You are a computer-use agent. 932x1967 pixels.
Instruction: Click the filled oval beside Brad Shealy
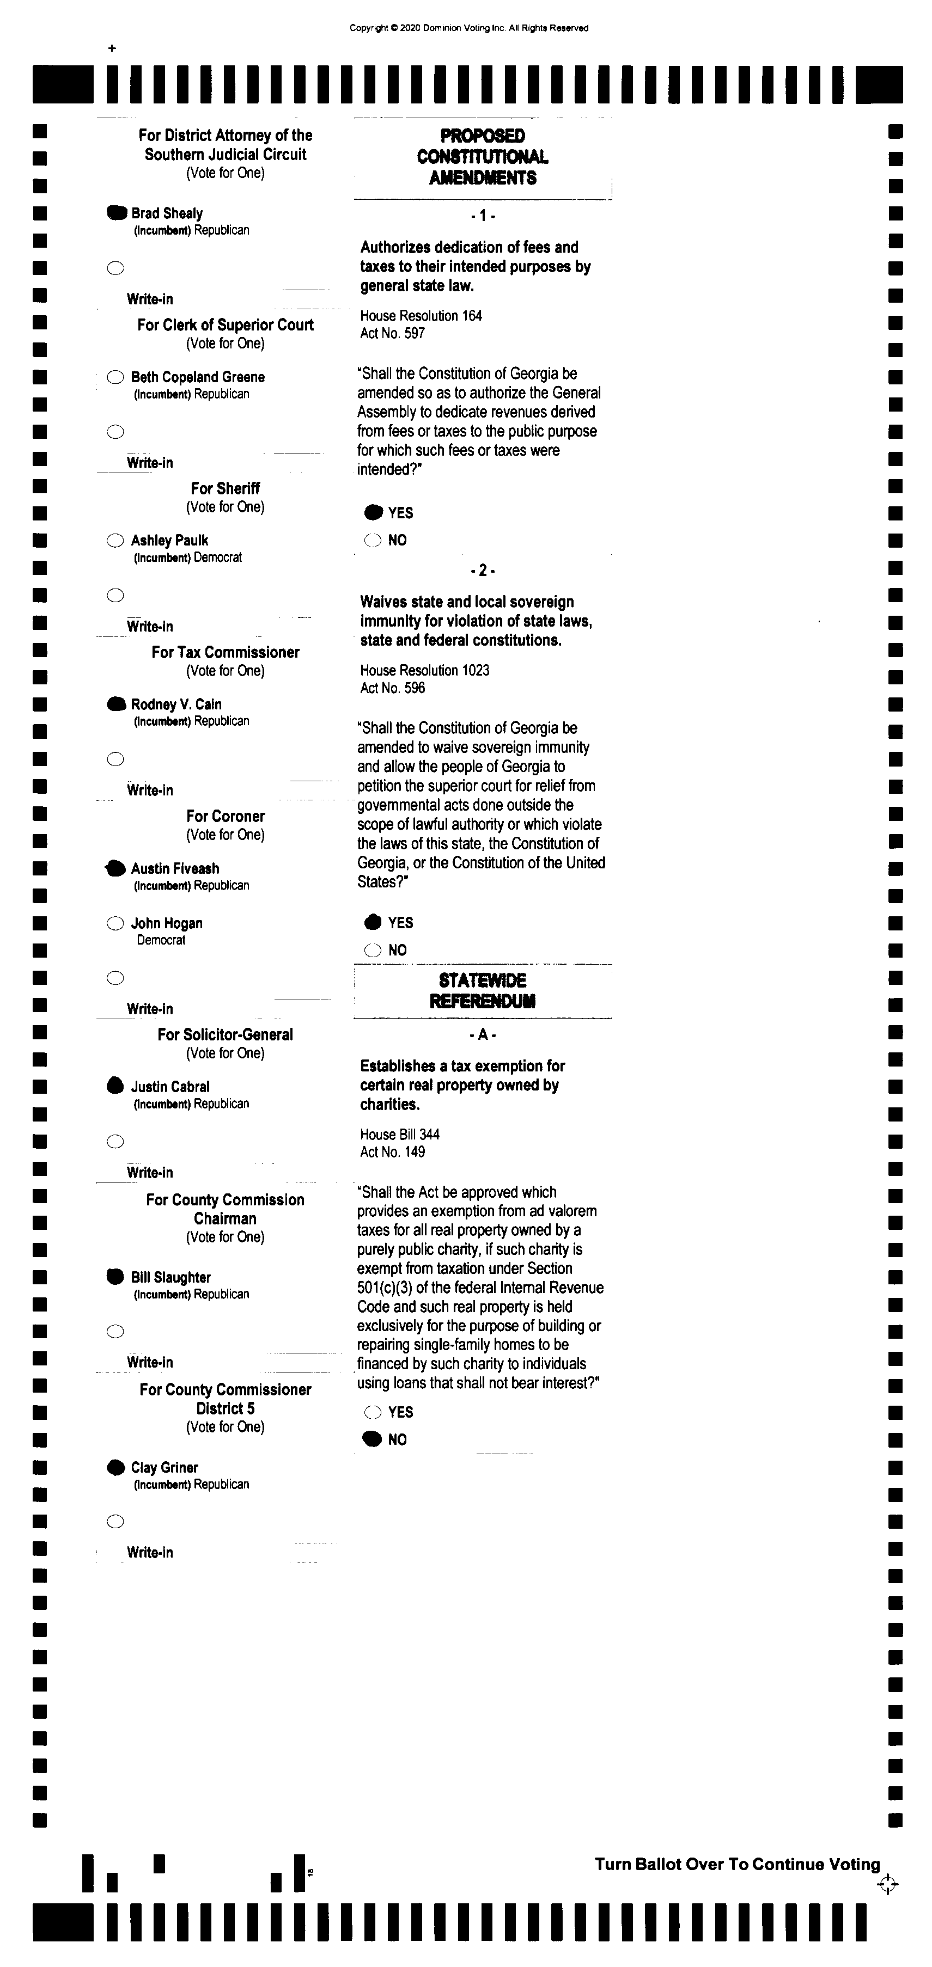pos(116,213)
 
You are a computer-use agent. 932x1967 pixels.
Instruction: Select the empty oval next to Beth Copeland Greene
pos(115,376)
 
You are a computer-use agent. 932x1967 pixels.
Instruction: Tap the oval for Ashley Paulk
pos(115,541)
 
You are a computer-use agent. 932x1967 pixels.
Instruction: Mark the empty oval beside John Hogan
pos(115,923)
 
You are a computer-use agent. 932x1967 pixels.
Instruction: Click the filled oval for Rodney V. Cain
pos(116,704)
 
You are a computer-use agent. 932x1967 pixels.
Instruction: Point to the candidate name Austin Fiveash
pos(175,868)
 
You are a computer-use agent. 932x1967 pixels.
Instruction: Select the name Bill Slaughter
pos(170,1277)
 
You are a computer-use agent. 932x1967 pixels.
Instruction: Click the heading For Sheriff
pos(226,488)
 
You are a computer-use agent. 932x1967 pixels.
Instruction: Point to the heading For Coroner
pos(226,816)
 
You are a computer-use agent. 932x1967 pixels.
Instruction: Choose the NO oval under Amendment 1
pos(373,541)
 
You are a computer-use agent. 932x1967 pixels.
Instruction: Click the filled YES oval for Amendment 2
pos(373,922)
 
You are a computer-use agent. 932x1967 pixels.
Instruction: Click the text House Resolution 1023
pos(425,670)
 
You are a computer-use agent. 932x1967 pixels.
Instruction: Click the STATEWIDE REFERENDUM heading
pos(482,990)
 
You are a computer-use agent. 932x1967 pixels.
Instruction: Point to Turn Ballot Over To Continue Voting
pos(737,1864)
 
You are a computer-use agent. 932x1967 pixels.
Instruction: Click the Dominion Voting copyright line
pos(469,28)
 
